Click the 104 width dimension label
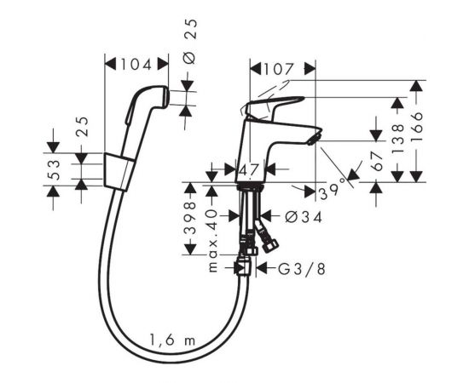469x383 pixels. point(136,64)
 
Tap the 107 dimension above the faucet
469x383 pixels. point(279,69)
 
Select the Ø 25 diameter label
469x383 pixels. point(191,41)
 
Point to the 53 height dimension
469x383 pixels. point(55,169)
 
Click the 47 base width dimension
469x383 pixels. point(249,170)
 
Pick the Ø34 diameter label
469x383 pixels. point(304,217)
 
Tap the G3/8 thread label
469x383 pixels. point(301,269)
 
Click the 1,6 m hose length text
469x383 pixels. point(172,340)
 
